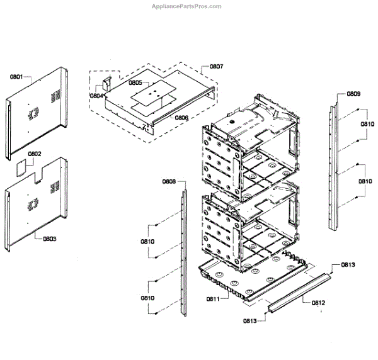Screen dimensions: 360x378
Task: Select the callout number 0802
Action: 35,153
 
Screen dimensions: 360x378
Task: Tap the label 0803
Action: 49,239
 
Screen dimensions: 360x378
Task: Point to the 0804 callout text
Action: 97,96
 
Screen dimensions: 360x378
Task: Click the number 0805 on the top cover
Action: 135,82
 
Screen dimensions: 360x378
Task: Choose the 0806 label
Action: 181,118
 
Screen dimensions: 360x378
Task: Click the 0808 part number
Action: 168,181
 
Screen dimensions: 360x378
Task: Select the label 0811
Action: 211,298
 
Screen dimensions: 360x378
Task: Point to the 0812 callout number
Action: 318,303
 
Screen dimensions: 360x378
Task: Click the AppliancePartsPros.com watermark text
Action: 188,6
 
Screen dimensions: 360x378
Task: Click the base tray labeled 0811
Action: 252,280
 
